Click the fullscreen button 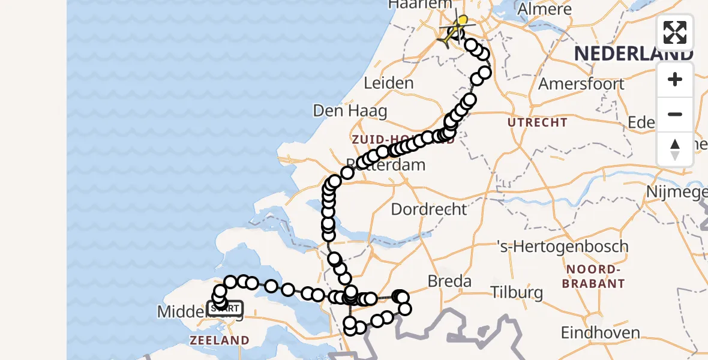675,32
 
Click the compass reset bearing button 675,149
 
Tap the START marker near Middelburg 225,309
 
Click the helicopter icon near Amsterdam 455,30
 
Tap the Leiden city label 389,83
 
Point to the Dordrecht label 428,209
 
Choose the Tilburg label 517,293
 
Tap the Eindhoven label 600,332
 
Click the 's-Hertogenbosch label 563,247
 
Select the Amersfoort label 581,83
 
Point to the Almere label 544,9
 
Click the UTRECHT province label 538,122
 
